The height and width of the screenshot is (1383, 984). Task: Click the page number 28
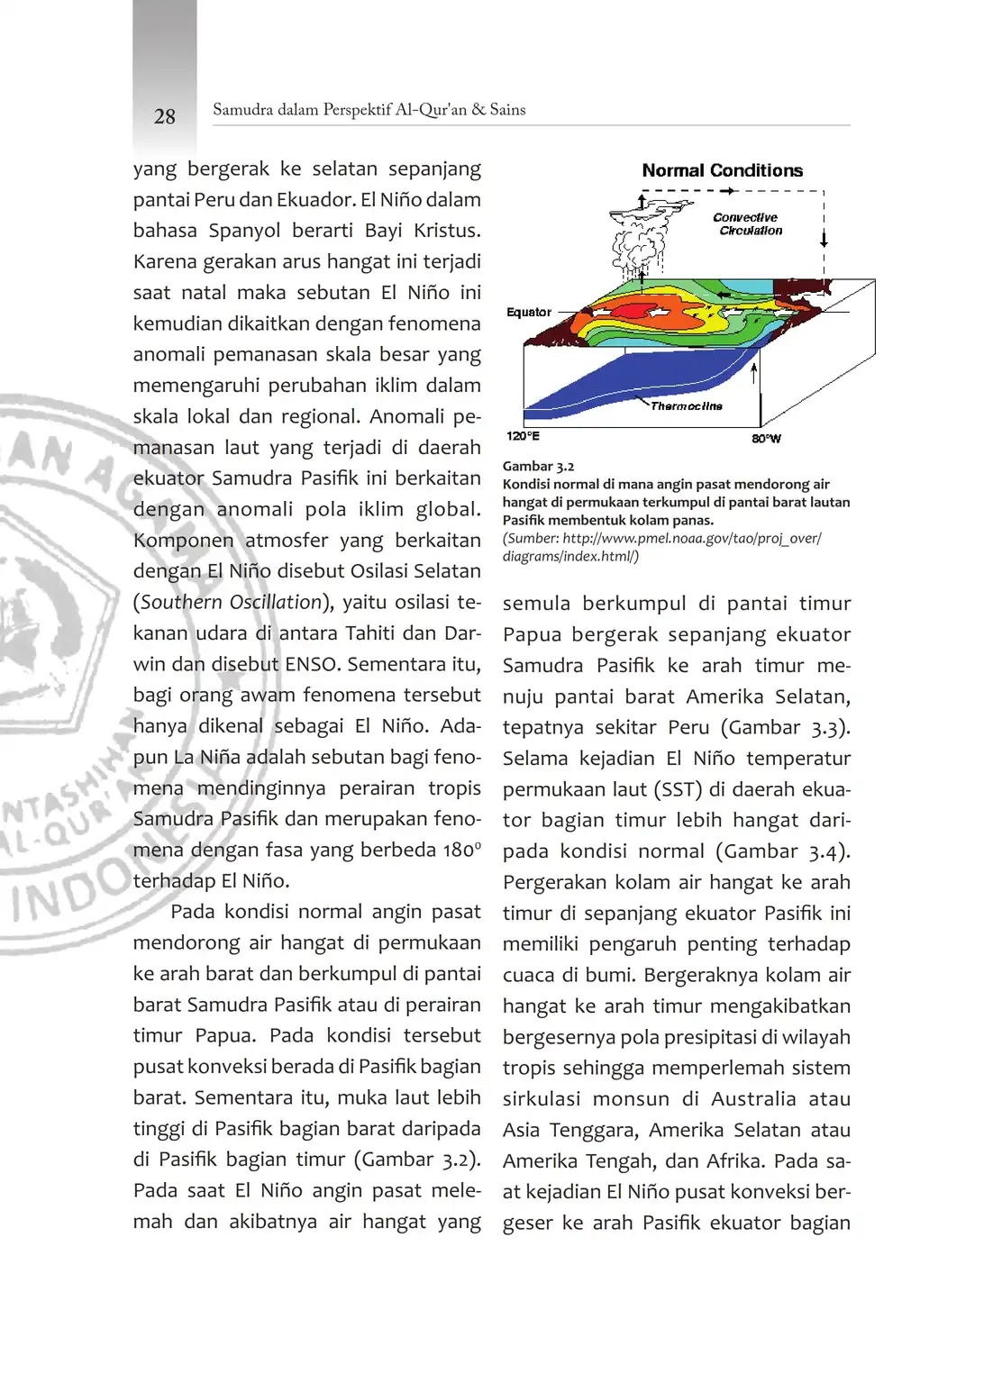(x=165, y=116)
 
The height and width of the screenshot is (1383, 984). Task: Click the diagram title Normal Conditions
(x=722, y=170)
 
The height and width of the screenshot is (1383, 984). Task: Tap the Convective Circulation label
(x=747, y=224)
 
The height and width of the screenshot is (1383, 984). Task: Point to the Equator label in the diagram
(x=529, y=313)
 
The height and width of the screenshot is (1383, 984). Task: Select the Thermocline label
(x=687, y=406)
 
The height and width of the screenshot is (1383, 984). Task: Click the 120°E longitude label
(x=523, y=436)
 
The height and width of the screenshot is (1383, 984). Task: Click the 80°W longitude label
(x=766, y=439)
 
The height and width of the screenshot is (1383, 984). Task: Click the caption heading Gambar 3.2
(x=538, y=466)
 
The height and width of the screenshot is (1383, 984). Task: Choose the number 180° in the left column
(x=461, y=850)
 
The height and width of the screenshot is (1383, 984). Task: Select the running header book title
(x=369, y=110)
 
